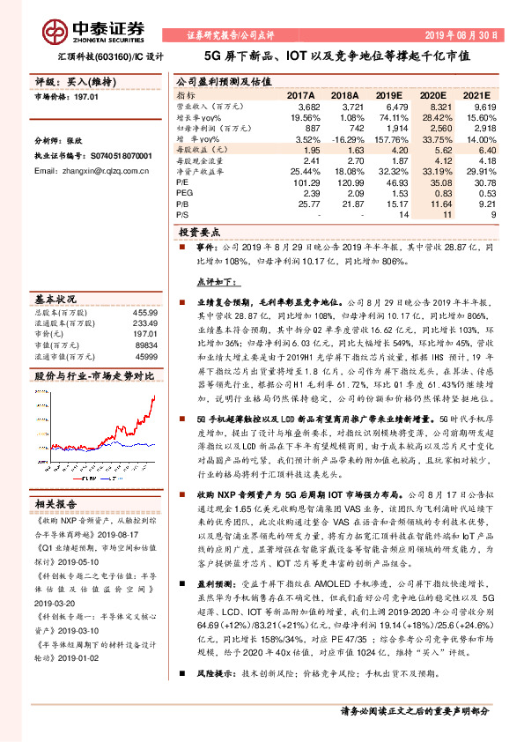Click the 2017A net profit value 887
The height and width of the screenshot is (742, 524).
point(309,128)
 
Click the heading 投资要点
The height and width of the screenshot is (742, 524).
point(198,233)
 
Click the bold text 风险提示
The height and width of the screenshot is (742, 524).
point(218,696)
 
